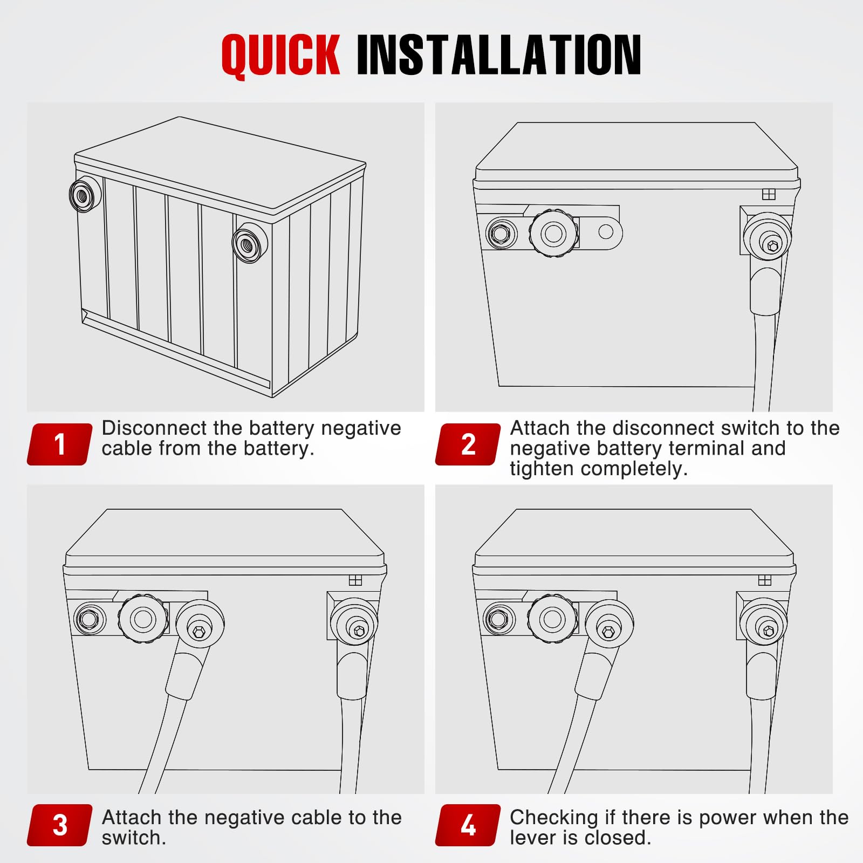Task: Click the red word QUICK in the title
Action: tap(280, 55)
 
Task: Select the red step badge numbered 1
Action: tap(60, 444)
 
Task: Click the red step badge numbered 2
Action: tap(468, 444)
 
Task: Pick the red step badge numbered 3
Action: tap(60, 825)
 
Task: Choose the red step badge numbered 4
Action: tap(468, 825)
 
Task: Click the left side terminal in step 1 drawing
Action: tap(85, 194)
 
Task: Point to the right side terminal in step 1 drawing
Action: tap(250, 243)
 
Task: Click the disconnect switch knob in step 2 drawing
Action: tap(553, 234)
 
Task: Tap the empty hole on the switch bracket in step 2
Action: tap(606, 232)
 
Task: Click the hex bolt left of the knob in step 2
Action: tap(501, 234)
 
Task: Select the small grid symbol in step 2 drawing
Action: tap(769, 194)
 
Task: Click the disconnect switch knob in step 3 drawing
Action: tap(143, 619)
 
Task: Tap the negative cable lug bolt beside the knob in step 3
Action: tap(199, 631)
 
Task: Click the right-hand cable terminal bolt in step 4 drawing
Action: tap(769, 630)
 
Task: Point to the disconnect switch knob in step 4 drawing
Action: tap(552, 619)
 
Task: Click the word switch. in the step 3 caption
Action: tap(134, 838)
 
